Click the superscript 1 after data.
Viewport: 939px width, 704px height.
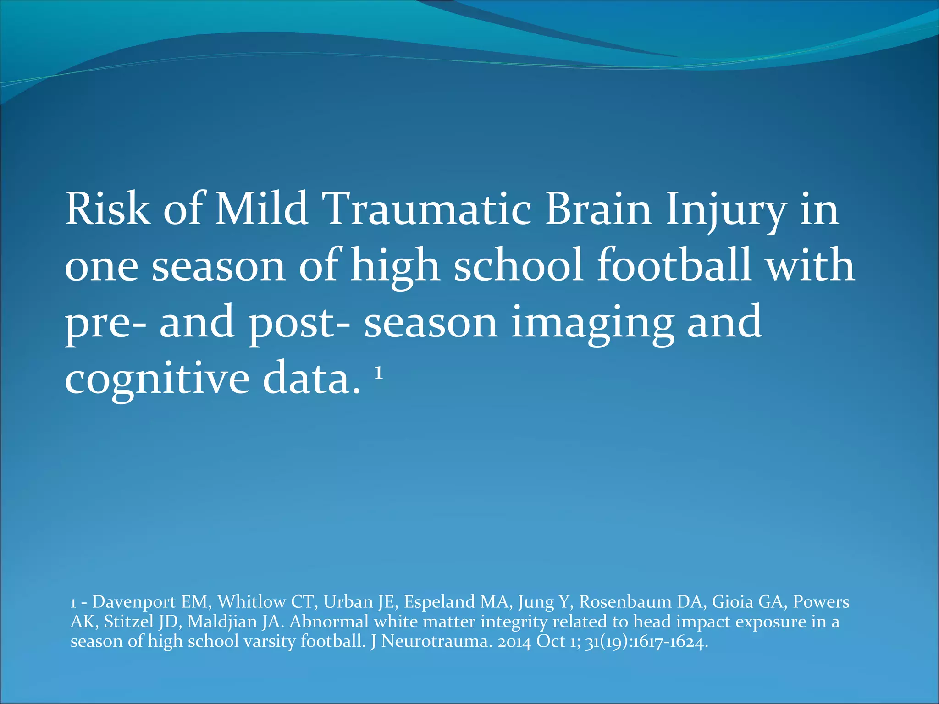pyautogui.click(x=378, y=374)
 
